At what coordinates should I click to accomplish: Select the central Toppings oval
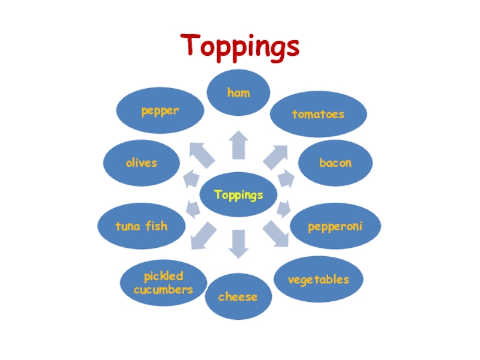239,195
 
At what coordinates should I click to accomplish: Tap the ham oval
239,93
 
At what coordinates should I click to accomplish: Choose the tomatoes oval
318,113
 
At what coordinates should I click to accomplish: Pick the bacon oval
335,163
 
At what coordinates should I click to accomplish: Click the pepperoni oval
335,226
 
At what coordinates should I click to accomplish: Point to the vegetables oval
318,280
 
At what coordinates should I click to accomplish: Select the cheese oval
238,296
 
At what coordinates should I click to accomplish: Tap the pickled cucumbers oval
164,283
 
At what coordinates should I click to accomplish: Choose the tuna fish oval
142,226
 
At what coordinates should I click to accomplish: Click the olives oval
142,163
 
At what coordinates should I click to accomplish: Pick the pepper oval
160,111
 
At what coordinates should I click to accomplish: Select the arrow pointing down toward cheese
239,243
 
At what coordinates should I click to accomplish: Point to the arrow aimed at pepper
202,154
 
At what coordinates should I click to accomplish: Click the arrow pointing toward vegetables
276,234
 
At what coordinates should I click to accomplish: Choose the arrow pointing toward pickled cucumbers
202,235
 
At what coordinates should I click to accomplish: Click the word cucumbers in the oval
164,290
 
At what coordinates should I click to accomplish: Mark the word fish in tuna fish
157,226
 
